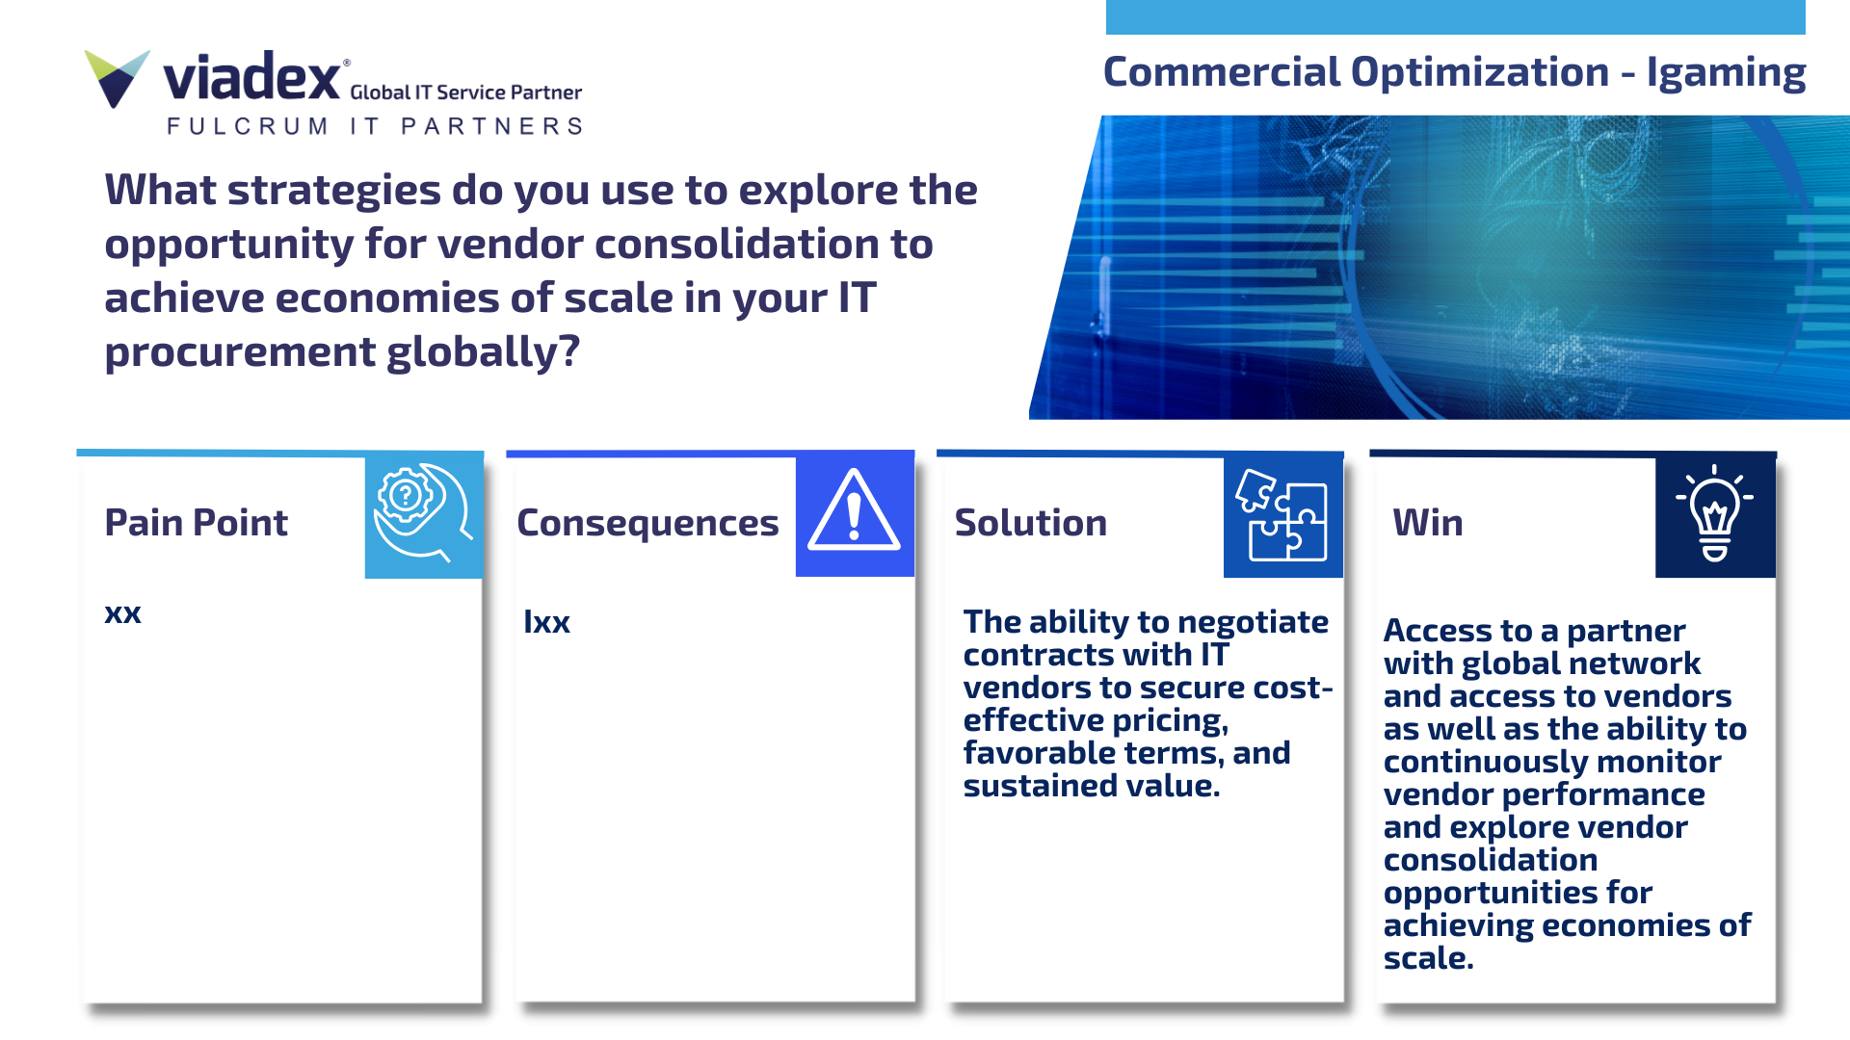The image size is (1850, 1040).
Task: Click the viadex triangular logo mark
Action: pos(118,77)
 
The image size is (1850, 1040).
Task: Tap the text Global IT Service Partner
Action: pos(466,92)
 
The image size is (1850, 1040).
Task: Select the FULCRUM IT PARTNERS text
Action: pos(375,126)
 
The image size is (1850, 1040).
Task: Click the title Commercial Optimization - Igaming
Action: pos(1454,72)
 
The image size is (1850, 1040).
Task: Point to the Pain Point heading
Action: pos(196,522)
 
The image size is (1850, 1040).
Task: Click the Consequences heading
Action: pos(647,523)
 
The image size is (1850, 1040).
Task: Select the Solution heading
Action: pos(1030,522)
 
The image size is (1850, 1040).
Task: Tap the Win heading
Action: pos(1427,522)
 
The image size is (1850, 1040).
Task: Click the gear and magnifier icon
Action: pos(423,513)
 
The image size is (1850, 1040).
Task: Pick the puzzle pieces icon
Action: pos(1282,514)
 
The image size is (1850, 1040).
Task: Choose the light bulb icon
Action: pos(1714,513)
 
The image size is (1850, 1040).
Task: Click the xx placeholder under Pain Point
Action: pos(122,613)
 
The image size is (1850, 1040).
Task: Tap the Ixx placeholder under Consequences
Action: pos(546,622)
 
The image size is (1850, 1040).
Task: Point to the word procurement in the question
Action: pos(240,352)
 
